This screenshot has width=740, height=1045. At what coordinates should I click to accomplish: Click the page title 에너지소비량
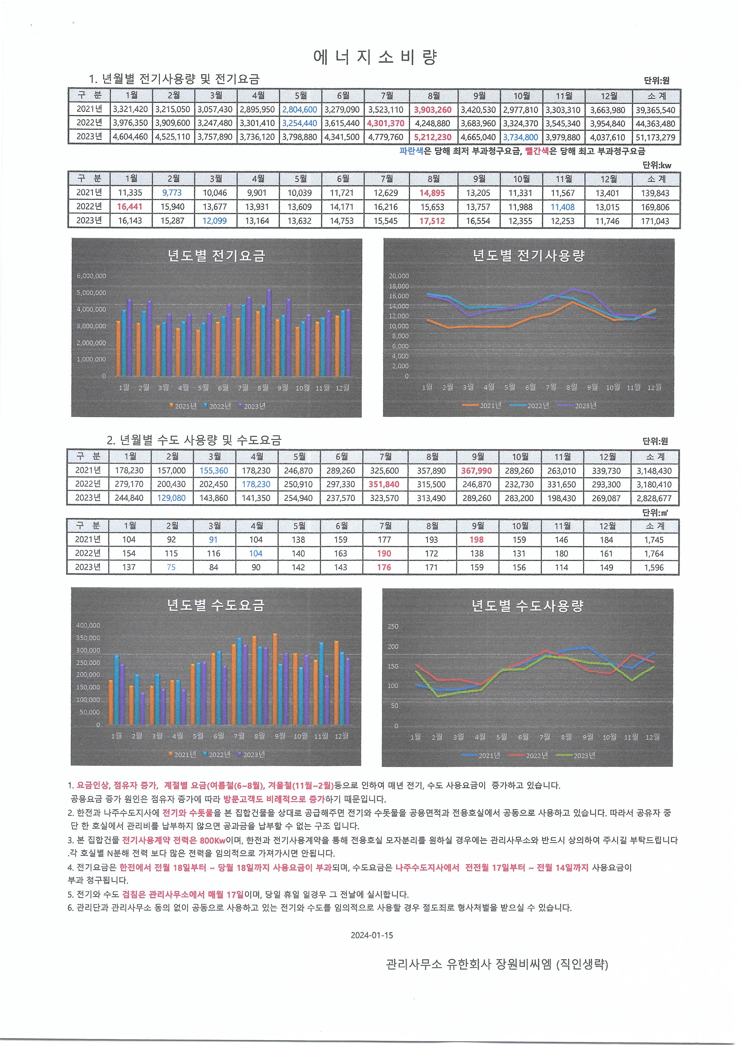[x=375, y=57]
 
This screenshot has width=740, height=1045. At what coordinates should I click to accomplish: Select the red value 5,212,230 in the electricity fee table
[x=432, y=137]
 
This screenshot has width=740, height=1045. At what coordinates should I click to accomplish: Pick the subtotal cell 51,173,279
[x=655, y=137]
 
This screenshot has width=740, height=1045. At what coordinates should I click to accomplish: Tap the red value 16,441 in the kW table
[x=129, y=207]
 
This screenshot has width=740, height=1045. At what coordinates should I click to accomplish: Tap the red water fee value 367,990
[x=476, y=471]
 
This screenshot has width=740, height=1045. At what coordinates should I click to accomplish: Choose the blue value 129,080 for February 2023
[x=171, y=498]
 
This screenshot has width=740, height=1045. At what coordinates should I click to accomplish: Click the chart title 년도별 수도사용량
[x=527, y=606]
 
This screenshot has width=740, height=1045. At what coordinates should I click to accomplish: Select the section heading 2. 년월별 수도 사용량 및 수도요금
[x=194, y=440]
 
